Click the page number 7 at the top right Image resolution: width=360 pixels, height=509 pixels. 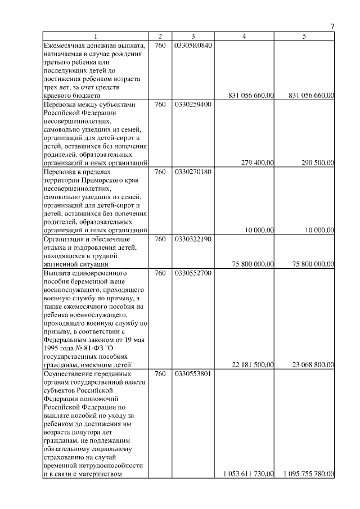332,26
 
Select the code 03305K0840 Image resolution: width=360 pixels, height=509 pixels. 193,45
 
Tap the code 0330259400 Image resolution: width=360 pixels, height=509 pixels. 193,105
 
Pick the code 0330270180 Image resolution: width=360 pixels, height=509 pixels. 193,172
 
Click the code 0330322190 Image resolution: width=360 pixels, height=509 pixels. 193,239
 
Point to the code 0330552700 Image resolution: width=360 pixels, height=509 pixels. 193,273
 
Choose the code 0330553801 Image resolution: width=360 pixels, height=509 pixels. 193,373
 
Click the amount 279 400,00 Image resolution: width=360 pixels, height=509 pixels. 257,163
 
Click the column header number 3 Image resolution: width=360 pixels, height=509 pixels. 193,37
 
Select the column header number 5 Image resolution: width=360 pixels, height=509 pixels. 304,37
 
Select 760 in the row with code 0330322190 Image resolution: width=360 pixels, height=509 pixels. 160,239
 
